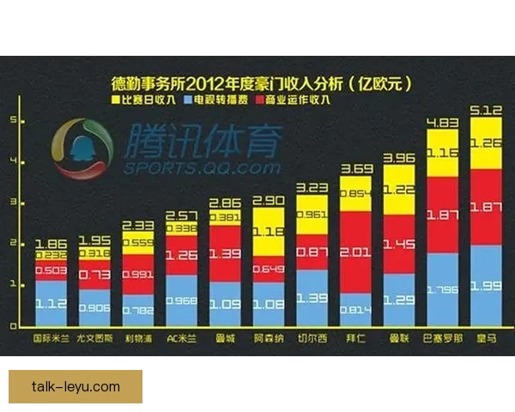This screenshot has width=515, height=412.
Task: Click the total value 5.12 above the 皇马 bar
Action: click(x=486, y=109)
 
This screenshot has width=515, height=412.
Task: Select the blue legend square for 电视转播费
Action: click(x=187, y=100)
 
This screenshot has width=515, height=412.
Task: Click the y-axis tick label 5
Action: click(x=12, y=121)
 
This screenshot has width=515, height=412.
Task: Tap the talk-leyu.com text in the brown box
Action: click(x=76, y=386)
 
